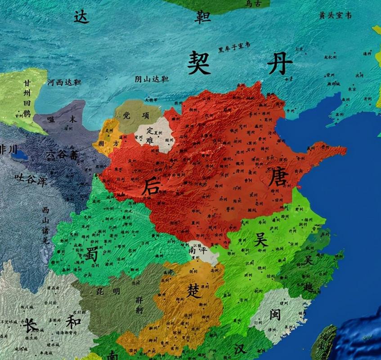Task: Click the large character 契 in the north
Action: point(200,62)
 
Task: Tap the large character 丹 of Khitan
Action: point(280,63)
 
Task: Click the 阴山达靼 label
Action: point(152,79)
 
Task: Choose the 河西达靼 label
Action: point(64,82)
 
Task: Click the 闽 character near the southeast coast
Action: point(275,314)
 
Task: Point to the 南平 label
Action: point(198,251)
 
